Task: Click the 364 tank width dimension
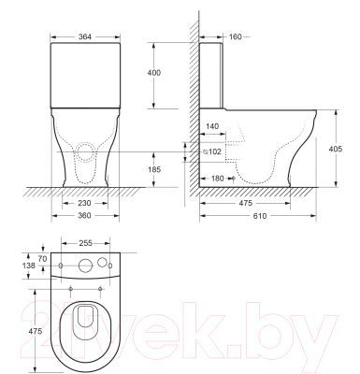tap(84, 36)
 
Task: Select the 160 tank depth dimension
tap(236, 36)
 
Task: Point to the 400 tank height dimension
tap(154, 73)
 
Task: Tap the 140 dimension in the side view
tap(212, 126)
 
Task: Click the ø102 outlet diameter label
tap(212, 151)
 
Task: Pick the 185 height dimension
tap(154, 169)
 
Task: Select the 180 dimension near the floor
tap(217, 179)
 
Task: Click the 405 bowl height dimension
tap(336, 149)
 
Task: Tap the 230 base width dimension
tap(84, 203)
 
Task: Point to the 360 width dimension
tap(84, 216)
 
